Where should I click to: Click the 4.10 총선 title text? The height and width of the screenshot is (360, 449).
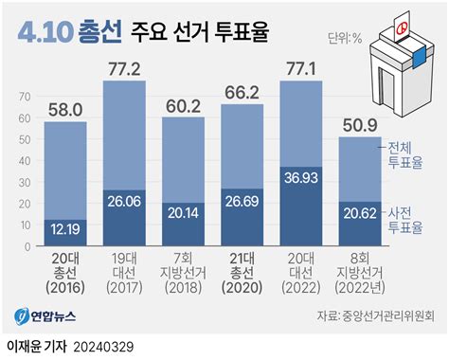(70, 33)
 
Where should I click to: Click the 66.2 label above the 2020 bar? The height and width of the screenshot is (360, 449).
(242, 92)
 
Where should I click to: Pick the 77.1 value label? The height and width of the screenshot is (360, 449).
(302, 69)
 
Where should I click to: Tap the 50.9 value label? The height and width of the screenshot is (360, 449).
(361, 125)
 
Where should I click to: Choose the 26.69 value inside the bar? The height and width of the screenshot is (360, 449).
(242, 201)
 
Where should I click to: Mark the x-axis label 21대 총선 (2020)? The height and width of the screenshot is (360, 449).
(242, 273)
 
